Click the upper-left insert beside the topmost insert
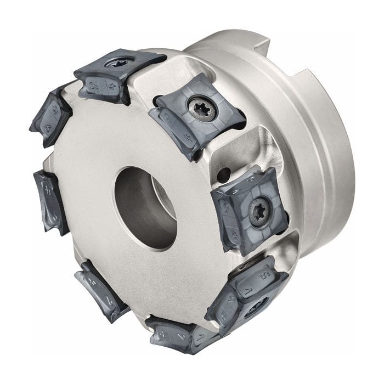[x=50, y=117]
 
